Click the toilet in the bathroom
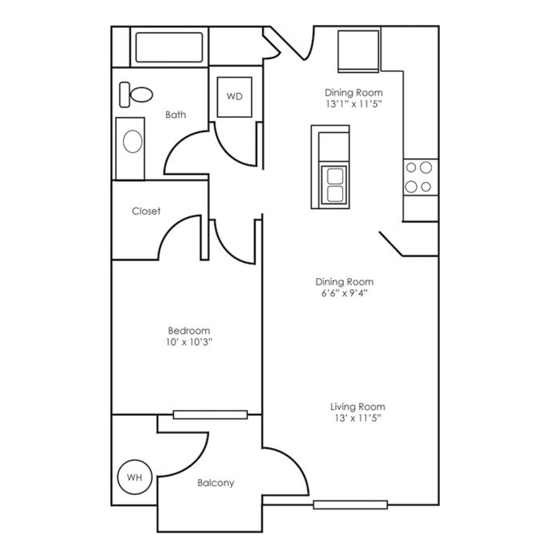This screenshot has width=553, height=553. point(137,93)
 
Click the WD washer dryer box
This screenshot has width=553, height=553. point(234,96)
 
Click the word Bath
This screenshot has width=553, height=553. point(176,114)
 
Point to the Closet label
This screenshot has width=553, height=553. point(146,211)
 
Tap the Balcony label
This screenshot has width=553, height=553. point(216,483)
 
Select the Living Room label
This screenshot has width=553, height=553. point(358,407)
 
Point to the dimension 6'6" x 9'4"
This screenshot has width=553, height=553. point(344,293)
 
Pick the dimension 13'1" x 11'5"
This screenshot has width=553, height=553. point(354,104)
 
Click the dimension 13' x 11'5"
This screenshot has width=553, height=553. point(358,418)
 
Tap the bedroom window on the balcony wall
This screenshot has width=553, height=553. point(210,415)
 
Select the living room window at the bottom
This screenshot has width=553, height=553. point(350,505)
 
